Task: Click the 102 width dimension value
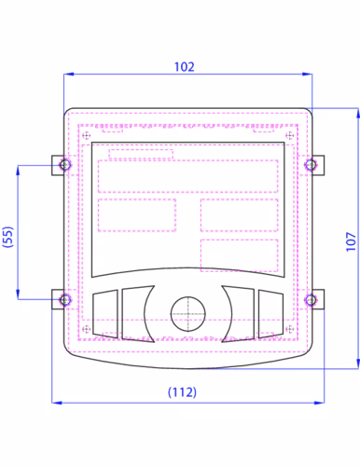click(185, 67)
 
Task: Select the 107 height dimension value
click(351, 241)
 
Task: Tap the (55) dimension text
click(8, 237)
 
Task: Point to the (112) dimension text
click(182, 392)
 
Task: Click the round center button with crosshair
click(188, 314)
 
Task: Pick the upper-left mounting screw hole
click(65, 165)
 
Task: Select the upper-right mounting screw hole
click(311, 165)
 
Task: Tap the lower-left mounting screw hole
click(65, 300)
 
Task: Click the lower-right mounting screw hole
click(311, 300)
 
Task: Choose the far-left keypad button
click(105, 314)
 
